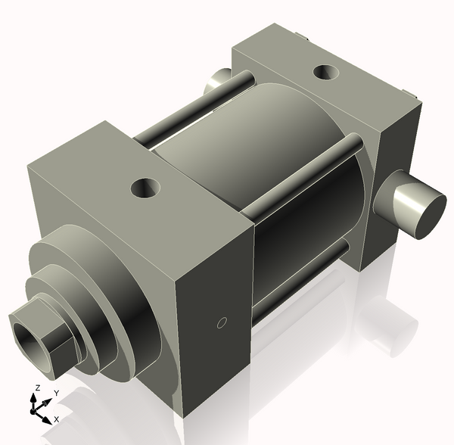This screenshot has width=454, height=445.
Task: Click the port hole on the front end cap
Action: coord(144,187)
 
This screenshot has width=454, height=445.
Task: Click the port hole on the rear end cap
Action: coord(325,73)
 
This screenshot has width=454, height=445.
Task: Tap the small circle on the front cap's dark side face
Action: coord(222,323)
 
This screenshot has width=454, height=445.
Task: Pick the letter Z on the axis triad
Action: coord(35,388)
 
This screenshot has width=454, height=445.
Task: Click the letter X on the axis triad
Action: coord(58,419)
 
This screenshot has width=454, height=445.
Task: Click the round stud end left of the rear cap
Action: coord(218,77)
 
